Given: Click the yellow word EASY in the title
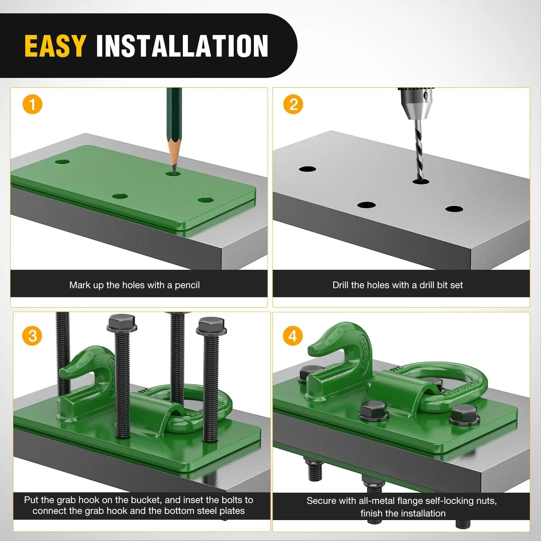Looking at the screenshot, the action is click(55, 46).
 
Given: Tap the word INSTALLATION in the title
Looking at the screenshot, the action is click(182, 46).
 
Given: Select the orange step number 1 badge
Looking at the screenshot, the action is click(32, 104).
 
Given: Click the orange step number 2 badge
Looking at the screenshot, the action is click(293, 104).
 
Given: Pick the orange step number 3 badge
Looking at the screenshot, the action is click(32, 336).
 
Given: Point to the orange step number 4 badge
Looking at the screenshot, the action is click(293, 336).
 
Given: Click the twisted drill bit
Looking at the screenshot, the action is click(419, 149).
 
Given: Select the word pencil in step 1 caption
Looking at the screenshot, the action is click(187, 285).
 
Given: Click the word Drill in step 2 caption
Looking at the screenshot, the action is click(340, 285).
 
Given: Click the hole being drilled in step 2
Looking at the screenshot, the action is click(421, 180).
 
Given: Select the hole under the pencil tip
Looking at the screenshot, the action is click(173, 173).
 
